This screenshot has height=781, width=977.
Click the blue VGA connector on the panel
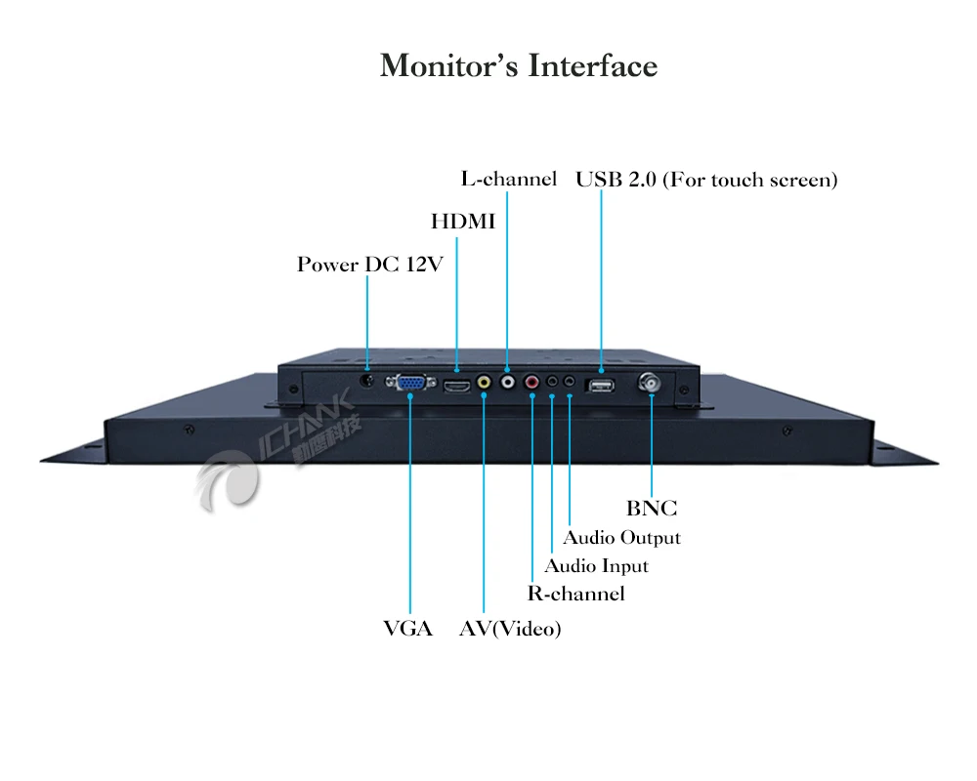410,384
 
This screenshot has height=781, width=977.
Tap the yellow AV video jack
483,385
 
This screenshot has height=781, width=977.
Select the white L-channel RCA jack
507,384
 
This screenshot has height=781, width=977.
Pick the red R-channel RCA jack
531,384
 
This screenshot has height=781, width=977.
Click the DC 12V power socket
367,382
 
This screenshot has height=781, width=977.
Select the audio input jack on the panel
552,384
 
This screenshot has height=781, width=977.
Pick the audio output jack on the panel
570,384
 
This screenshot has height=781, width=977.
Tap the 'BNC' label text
652,509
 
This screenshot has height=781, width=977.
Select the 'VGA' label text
408,629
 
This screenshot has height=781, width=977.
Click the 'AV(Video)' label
510,630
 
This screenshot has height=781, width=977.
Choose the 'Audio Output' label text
621,538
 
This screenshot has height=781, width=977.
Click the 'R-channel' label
575,594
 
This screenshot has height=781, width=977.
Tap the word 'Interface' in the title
592,66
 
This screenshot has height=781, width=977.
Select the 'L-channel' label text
508,179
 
